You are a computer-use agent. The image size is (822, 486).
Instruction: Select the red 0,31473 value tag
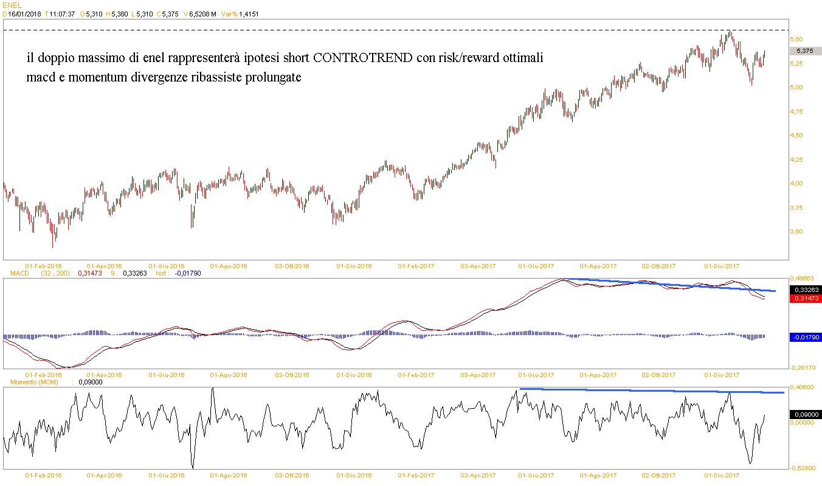(805, 298)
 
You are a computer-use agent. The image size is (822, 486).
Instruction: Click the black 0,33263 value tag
(805, 290)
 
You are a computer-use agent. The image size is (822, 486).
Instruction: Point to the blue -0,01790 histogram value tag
(804, 337)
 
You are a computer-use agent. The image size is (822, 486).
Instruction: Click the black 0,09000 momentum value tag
(805, 414)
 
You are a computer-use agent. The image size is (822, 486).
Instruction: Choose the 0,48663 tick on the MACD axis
(803, 278)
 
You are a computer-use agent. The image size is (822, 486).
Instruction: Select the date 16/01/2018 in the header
(24, 14)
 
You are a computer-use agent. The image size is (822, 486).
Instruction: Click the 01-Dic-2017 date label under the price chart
(722, 266)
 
